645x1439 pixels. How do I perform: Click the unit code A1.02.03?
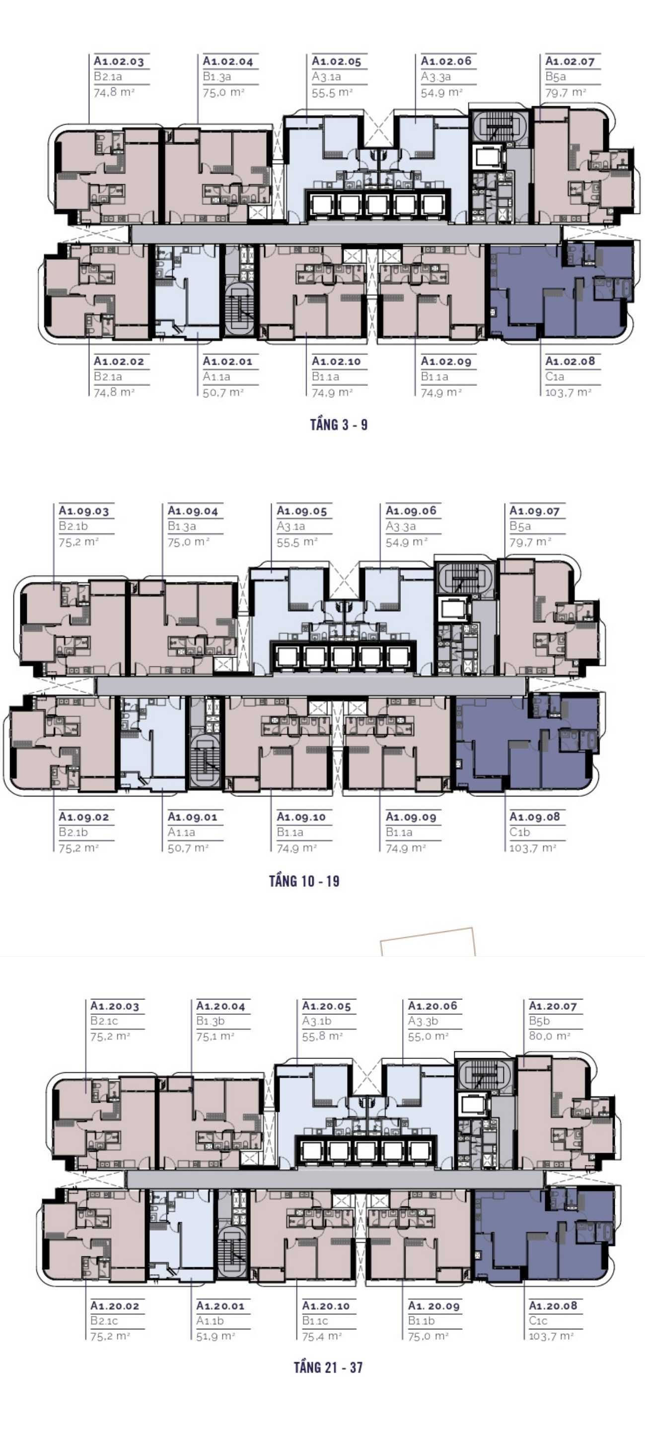point(119,61)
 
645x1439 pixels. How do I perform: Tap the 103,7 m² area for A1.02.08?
point(568,392)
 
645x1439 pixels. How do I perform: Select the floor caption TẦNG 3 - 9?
point(339,425)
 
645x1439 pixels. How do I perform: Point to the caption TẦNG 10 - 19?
point(304,881)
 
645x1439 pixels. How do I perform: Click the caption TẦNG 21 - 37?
point(328,1367)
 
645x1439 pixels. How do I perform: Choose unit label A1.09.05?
point(302,511)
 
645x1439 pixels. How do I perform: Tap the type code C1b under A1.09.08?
point(519,832)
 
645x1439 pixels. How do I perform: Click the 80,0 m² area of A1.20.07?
point(550,1036)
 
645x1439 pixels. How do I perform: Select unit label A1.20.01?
point(220,1306)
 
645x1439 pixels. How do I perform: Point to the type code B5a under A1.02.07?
point(556,76)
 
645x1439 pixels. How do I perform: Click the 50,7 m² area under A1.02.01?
point(223,392)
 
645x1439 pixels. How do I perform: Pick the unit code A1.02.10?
point(337,361)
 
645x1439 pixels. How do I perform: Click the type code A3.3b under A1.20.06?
point(423,1021)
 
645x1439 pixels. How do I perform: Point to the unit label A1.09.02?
point(84,817)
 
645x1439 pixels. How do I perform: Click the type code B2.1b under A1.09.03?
point(73,526)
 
